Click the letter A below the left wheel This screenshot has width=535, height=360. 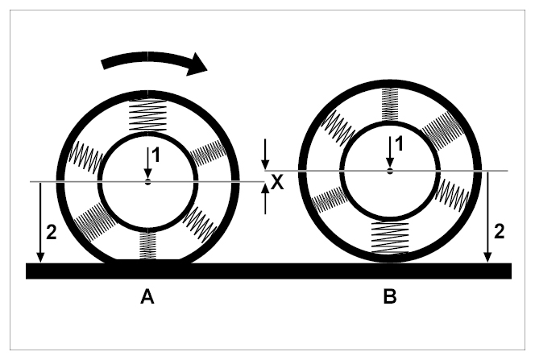point(147,296)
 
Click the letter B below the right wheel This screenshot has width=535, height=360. point(390,296)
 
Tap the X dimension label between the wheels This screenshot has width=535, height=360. point(277,182)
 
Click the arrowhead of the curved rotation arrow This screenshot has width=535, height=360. point(197,64)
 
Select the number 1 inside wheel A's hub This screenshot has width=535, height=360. point(156,155)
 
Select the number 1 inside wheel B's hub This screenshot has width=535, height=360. point(399,144)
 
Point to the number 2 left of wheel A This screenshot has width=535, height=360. point(52,233)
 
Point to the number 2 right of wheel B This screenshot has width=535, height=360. point(499,232)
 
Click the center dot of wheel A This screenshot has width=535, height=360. point(147,182)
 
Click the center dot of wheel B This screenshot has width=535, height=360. point(390,171)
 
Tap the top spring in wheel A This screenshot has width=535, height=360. point(147,116)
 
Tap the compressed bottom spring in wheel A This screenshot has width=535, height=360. point(147,246)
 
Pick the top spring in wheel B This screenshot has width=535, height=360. point(390,105)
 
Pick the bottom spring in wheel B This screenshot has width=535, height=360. point(390,238)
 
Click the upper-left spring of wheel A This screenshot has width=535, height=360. point(86,156)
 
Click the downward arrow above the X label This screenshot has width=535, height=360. point(265,154)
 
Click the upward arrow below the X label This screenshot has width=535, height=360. point(265,199)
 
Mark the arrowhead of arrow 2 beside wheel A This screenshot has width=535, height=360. point(40,258)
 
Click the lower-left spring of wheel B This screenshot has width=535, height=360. point(330,200)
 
